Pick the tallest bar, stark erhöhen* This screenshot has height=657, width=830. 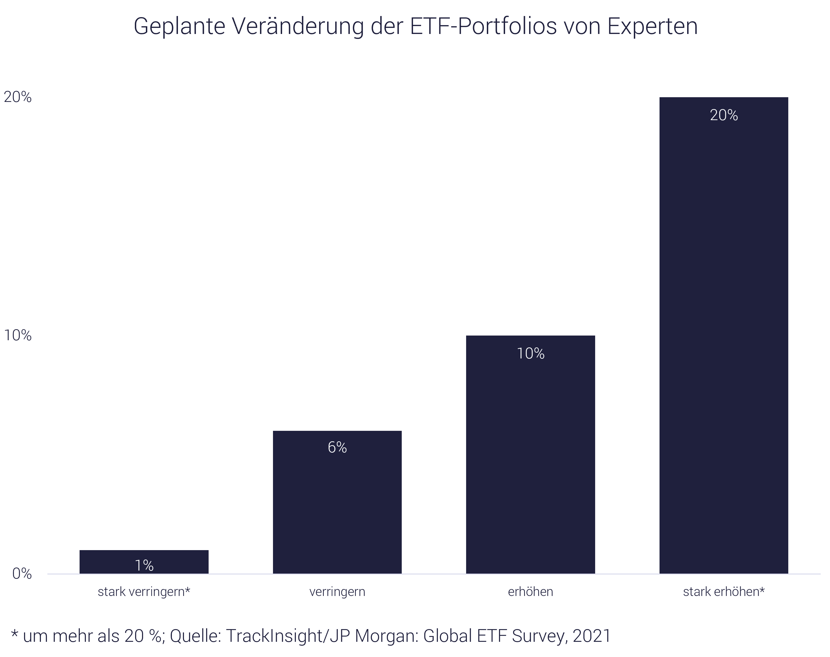point(723,346)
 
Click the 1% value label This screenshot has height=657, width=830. point(144,566)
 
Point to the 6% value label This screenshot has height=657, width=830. point(337,447)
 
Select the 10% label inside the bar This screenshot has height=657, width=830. point(530,353)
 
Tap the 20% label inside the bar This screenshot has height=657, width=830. point(723,115)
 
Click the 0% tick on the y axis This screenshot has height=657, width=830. point(22,574)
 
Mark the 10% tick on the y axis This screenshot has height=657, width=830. point(18,336)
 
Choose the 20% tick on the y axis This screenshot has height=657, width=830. point(18,97)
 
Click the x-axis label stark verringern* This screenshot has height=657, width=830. point(144,592)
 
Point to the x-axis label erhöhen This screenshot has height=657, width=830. point(530,592)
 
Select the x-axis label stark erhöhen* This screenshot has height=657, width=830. point(723,592)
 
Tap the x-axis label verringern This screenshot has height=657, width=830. point(337,592)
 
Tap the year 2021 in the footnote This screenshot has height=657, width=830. point(592,636)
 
